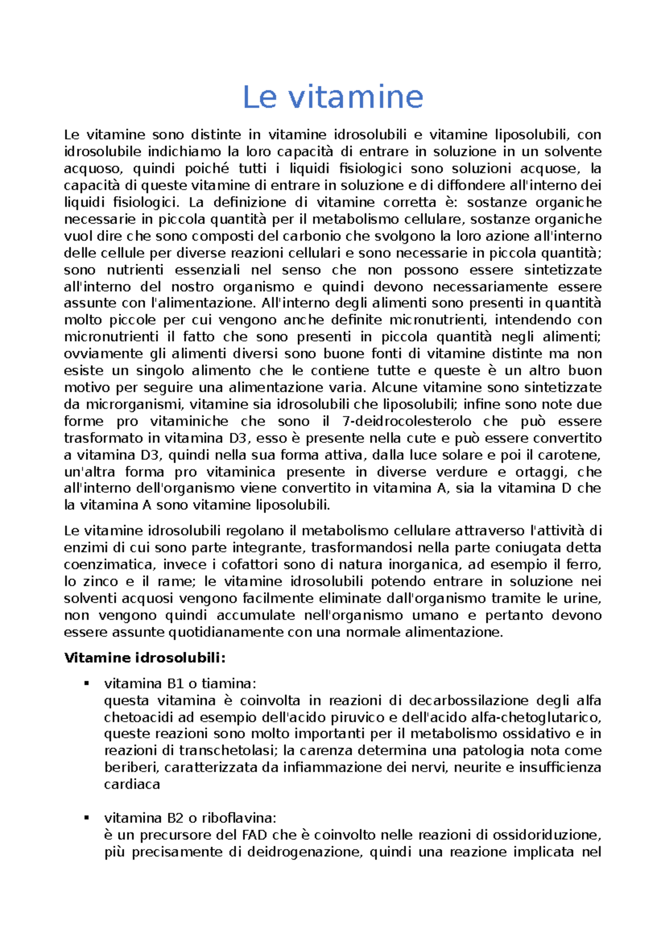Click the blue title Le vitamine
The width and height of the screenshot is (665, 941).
[332, 97]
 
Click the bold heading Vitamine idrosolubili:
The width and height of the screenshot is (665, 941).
[145, 658]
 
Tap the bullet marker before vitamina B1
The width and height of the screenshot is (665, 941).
[86, 683]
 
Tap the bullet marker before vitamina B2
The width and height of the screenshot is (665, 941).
[86, 818]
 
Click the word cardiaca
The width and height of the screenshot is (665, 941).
[132, 784]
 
